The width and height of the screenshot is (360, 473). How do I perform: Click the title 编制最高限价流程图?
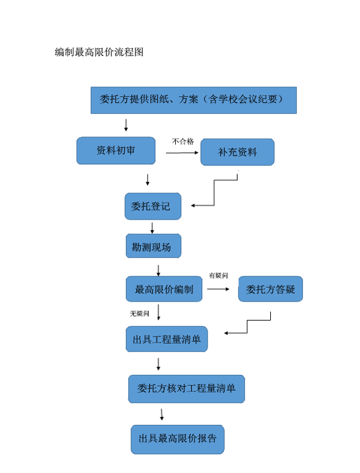99,52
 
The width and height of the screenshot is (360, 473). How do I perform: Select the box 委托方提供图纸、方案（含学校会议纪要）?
194,100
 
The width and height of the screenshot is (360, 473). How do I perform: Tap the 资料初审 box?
116,150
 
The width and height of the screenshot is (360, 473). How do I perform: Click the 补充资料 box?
237,152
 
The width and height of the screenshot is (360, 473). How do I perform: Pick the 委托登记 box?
153,206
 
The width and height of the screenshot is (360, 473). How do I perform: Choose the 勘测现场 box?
154,246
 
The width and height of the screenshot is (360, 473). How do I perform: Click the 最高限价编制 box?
164,289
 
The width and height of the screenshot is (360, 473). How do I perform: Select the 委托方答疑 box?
270,289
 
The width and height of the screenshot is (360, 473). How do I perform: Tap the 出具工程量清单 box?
167,339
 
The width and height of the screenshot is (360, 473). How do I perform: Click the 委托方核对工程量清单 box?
187,389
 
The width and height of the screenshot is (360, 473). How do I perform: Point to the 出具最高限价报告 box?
178,439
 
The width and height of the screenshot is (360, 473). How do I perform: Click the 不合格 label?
183,141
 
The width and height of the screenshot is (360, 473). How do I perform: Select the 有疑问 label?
219,276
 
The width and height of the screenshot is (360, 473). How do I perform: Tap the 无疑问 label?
140,314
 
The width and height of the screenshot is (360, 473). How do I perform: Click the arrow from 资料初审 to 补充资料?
182,153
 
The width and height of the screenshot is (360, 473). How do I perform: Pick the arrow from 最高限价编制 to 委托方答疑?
218,289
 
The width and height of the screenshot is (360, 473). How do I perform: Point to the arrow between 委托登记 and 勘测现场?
152,228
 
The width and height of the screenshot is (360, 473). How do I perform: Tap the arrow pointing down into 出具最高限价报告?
162,415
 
